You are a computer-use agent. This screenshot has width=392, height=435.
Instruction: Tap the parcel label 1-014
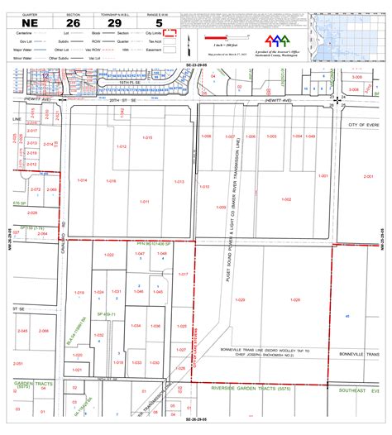pos(82,179)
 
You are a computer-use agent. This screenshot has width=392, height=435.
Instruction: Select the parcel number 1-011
pos(144,201)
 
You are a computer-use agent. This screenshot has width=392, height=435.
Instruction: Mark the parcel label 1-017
pos(184,273)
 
